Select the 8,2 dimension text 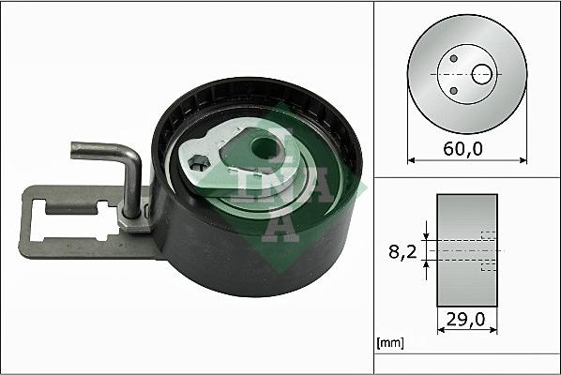tap(402, 251)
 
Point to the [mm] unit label tap(389, 344)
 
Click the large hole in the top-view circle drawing tap(482, 73)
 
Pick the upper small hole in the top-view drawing tap(454, 58)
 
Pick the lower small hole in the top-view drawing tap(454, 90)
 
